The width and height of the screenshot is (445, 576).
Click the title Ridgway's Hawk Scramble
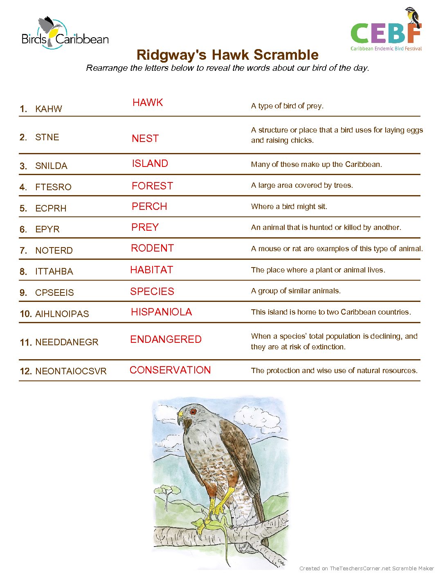tap(227, 55)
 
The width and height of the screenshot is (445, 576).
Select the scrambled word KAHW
tap(49, 109)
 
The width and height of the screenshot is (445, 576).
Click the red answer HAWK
tap(148, 103)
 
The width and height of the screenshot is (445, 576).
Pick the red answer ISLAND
tap(150, 164)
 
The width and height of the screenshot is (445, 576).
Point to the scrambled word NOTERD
tap(54, 250)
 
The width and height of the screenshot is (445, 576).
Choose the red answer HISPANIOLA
tap(161, 312)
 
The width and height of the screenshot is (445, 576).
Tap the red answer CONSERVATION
tap(170, 370)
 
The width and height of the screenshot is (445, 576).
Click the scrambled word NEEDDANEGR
tap(67, 342)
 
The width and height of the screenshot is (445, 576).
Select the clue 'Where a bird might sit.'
tap(289, 207)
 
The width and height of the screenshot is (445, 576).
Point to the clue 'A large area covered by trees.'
tap(302, 185)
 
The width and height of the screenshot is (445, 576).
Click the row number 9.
tap(23, 292)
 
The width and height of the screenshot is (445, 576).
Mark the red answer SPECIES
tap(152, 291)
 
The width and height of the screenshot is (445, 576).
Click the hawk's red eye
tap(193, 411)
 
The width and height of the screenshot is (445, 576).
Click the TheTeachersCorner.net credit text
tap(366, 568)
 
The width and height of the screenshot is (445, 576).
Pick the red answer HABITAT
tap(151, 270)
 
